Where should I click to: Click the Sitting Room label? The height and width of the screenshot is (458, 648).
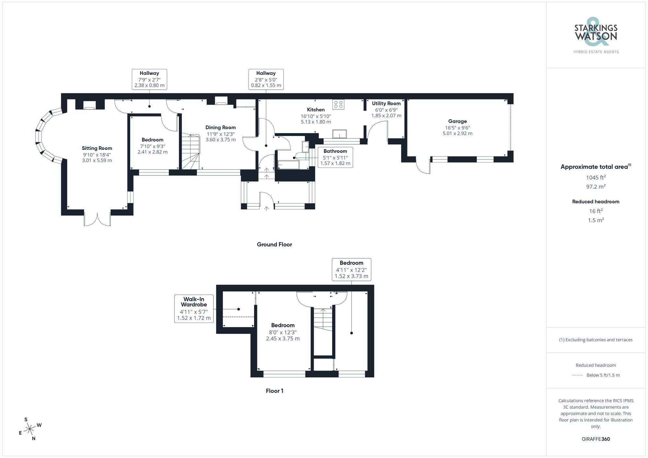coord(97,148)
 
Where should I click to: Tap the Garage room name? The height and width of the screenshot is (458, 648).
coord(457,121)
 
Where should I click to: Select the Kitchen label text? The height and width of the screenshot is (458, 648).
coord(316,110)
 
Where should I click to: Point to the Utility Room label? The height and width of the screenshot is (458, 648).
coord(386,104)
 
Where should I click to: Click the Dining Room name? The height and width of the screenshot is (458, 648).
coord(221,128)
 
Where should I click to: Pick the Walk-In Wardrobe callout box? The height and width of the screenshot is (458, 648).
coord(194,308)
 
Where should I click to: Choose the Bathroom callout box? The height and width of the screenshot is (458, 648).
coord(335,157)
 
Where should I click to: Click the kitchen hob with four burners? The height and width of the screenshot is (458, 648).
coord(338,105)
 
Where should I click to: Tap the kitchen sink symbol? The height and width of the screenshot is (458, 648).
coord(340,134)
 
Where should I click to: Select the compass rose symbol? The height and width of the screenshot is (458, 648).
coord(30,429)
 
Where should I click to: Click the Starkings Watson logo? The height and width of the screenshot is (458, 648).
coord(596,36)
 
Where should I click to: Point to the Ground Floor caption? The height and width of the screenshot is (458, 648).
coord(274,245)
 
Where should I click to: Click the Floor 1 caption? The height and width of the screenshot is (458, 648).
coord(274,391)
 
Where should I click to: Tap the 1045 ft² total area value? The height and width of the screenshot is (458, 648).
coord(596,177)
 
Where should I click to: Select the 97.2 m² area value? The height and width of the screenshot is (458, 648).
coord(596,187)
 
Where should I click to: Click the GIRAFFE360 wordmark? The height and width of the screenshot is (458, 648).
coord(596,439)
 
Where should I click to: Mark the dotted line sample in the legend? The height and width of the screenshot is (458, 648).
coord(577,375)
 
